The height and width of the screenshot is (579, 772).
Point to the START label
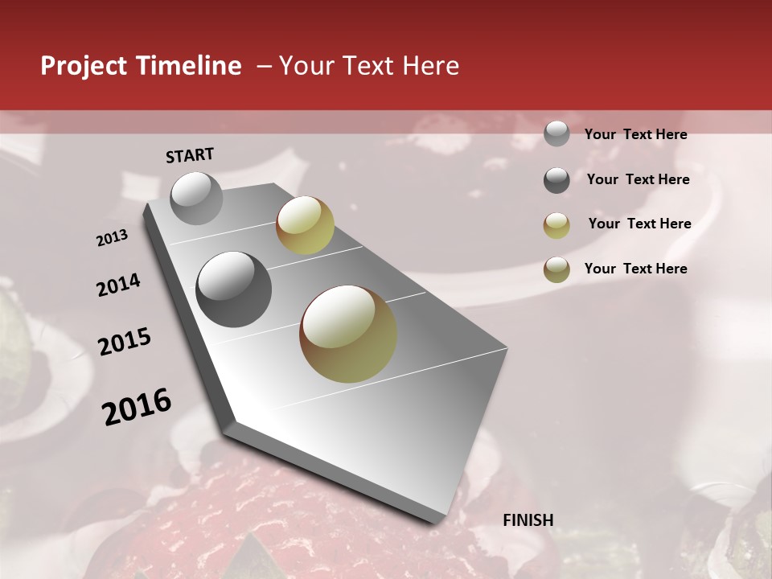pos(190,155)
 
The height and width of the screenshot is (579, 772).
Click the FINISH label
pos(528,520)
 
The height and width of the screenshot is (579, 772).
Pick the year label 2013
pos(112,238)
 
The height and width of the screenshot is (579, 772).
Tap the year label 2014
pos(118,285)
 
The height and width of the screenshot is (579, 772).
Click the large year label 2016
pos(137,407)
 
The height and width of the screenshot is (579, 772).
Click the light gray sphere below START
pos(197,198)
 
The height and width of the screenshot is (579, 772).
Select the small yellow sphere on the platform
pos(305,225)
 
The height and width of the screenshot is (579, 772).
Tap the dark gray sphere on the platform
pos(233,289)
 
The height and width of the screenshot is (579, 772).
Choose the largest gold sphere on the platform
pos(348,333)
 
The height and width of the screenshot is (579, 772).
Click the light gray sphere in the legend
pos(556,133)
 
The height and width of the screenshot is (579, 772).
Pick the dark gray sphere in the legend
pos(556,180)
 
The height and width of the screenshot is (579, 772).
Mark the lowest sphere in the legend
pos(556,269)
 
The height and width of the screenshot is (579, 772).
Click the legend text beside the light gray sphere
pos(635,135)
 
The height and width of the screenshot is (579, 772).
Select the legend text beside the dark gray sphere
pos(638,179)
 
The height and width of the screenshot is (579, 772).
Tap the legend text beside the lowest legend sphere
pos(635,269)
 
